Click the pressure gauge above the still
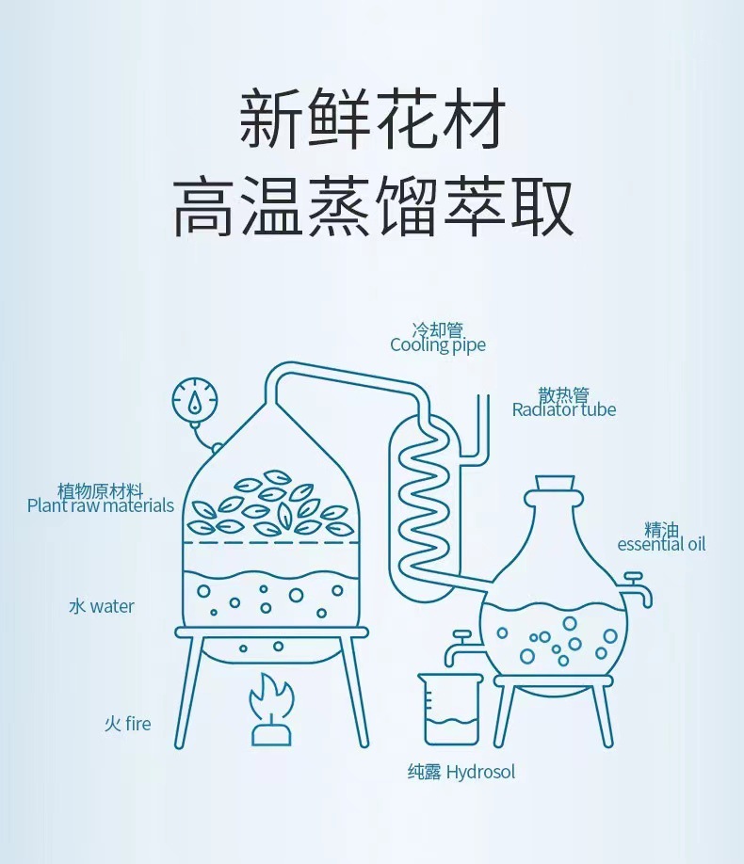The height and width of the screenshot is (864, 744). tap(195, 402)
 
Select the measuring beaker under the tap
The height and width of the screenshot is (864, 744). tap(450, 710)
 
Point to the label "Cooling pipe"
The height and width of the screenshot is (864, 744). tap(438, 345)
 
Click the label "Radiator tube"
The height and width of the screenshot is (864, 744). tap(563, 409)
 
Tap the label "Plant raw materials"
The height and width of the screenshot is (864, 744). tap(101, 506)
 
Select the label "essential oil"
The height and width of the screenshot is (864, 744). tap(661, 544)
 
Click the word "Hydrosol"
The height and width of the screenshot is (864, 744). tap(480, 773)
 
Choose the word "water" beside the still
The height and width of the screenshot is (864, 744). tap(112, 606)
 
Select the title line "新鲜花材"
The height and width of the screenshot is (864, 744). tap(371, 121)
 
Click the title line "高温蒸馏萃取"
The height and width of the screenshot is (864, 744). tap(373, 208)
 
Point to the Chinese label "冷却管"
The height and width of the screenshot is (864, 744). tap(438, 330)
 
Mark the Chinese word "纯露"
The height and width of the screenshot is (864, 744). tap(424, 773)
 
